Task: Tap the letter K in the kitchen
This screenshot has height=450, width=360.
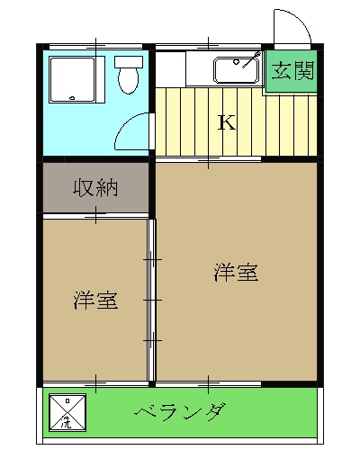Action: click(228, 122)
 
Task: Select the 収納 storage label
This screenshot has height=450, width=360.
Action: click(96, 188)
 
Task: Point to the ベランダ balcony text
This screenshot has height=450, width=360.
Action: click(180, 414)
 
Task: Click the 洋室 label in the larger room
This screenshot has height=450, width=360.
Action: click(237, 272)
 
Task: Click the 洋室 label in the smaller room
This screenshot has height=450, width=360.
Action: click(95, 301)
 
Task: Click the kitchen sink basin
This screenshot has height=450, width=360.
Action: click(235, 68)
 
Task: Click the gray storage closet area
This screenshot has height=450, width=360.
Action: click(96, 188)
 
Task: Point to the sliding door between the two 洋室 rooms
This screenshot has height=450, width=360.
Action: click(152, 297)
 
